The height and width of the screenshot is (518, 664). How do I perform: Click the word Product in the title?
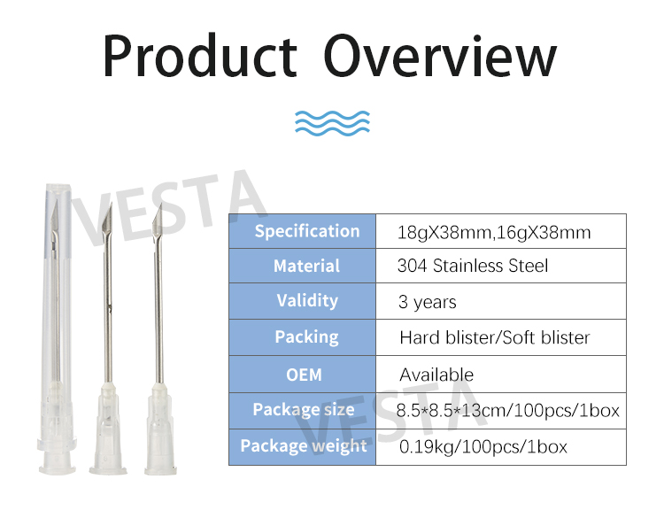pyautogui.click(x=199, y=56)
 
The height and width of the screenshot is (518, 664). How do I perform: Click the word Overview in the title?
pyautogui.click(x=440, y=56)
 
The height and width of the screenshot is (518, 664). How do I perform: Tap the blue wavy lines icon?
pyautogui.click(x=331, y=121)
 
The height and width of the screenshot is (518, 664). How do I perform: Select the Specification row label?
pyautogui.click(x=306, y=232)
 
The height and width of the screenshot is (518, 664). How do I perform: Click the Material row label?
pyautogui.click(x=306, y=266)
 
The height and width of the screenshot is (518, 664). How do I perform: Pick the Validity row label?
pyautogui.click(x=306, y=301)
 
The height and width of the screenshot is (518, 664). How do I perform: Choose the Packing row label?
pyautogui.click(x=306, y=337)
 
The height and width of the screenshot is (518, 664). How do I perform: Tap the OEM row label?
pyautogui.click(x=306, y=374)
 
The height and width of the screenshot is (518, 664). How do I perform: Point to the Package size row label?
pyautogui.click(x=306, y=410)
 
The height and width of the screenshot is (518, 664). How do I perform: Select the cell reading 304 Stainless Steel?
pyautogui.click(x=473, y=266)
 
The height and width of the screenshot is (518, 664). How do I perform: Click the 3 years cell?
pyautogui.click(x=428, y=302)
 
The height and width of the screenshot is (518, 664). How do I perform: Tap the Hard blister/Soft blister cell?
pyautogui.click(x=494, y=337)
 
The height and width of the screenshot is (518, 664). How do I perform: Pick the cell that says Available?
pyautogui.click(x=436, y=374)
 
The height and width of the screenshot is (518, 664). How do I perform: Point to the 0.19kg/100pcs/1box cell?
pyautogui.click(x=483, y=446)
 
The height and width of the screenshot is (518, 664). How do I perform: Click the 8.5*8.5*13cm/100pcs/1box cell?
pyautogui.click(x=508, y=410)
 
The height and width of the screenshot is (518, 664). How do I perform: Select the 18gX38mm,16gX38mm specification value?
pyautogui.click(x=494, y=232)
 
